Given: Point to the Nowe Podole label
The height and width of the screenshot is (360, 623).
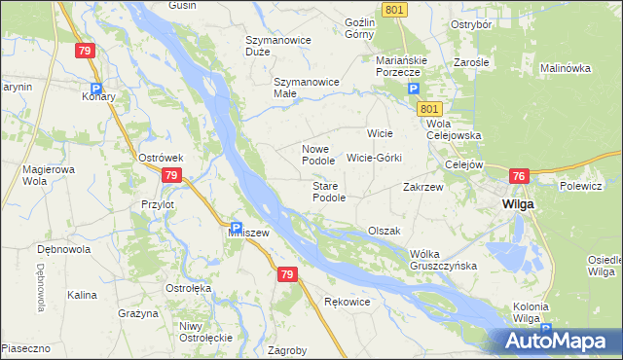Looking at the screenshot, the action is pos(317,154).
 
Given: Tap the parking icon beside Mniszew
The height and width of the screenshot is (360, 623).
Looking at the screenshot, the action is pos(236,226).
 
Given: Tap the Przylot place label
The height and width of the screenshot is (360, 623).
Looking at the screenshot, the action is pos(157,205).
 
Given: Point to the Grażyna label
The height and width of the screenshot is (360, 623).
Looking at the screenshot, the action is pos(137,314).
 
